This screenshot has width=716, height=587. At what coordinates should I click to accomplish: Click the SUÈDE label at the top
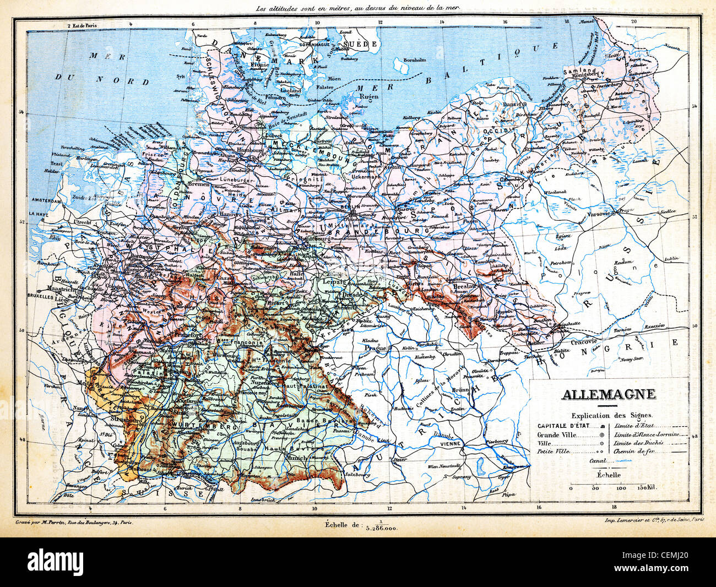click(359, 44)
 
